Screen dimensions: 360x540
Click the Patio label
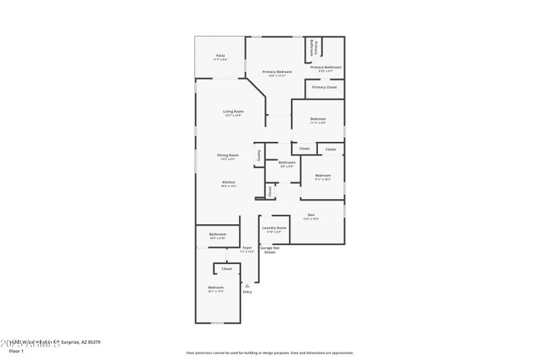click(x=220, y=55)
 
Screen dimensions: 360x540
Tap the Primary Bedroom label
click(x=277, y=72)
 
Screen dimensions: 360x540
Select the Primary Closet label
click(x=324, y=87)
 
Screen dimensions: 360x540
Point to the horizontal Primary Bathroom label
click(x=325, y=67)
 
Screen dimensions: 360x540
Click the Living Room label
click(x=234, y=111)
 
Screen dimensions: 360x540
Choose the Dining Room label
click(x=227, y=155)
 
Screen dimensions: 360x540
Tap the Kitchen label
click(x=229, y=182)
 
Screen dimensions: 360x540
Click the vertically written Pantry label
click(x=259, y=155)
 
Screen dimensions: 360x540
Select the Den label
click(x=310, y=215)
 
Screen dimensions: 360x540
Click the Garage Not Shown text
click(x=270, y=250)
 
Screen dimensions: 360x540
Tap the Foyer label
click(x=247, y=248)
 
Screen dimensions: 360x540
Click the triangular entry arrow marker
click(x=247, y=286)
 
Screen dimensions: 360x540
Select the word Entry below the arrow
click(x=247, y=292)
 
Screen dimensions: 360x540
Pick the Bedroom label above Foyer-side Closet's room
click(x=215, y=287)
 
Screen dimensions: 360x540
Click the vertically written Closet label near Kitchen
click(x=270, y=191)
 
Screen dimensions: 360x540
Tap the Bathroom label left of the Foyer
click(x=217, y=234)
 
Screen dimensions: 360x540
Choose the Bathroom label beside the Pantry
click(x=287, y=162)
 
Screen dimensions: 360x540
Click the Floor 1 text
click(x=16, y=351)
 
